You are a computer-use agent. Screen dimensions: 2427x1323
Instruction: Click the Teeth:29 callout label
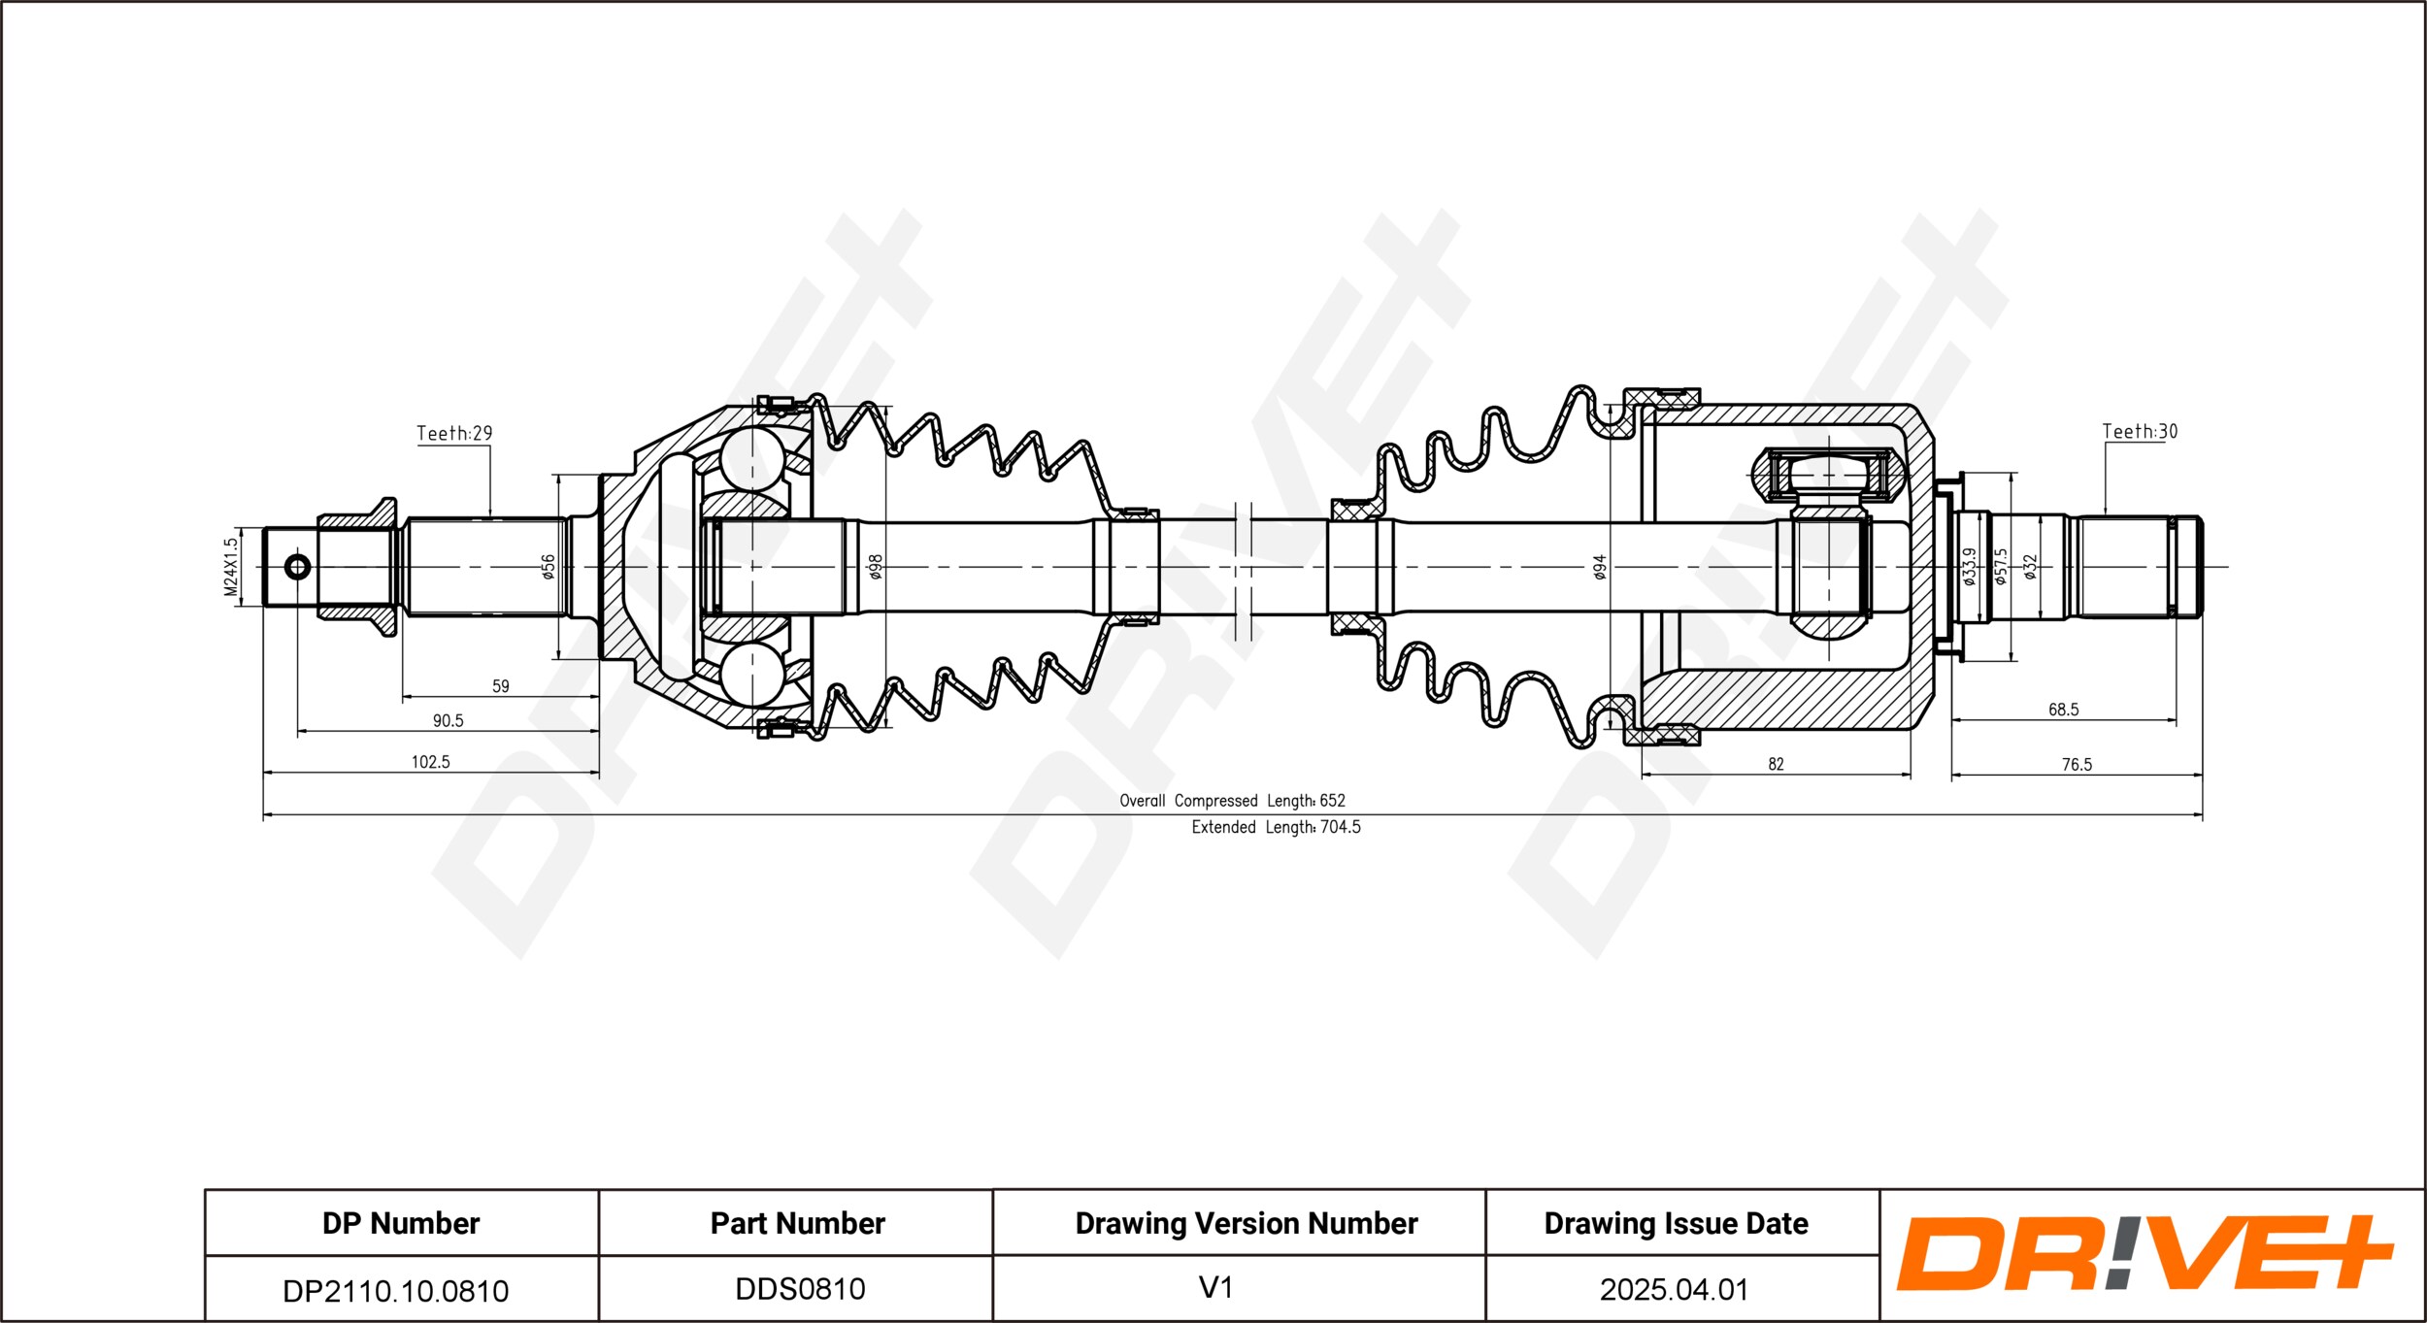tap(454, 433)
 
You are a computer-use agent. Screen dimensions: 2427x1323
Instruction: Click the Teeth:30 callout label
tap(2140, 431)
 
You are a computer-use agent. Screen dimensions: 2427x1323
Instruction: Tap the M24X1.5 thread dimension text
tap(230, 568)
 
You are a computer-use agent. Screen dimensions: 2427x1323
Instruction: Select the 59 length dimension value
tap(501, 686)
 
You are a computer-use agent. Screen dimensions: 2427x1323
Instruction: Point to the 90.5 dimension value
tap(448, 720)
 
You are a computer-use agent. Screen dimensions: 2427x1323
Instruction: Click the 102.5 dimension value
tap(431, 762)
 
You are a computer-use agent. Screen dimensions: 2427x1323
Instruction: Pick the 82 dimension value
tap(1776, 764)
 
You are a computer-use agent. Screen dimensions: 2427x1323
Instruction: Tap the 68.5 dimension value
tap(2063, 710)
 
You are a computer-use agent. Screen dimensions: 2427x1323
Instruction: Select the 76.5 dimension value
tap(2077, 765)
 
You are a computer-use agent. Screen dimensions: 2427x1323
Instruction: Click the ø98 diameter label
tap(875, 567)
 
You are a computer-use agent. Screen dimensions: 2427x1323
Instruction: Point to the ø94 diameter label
tap(1600, 568)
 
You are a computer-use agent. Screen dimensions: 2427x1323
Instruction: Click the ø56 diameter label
tap(548, 567)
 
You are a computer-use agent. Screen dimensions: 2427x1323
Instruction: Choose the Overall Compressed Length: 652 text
tap(1232, 801)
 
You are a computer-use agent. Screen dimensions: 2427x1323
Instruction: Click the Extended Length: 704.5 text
tap(1276, 827)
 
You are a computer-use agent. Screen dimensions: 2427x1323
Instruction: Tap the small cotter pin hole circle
tap(298, 567)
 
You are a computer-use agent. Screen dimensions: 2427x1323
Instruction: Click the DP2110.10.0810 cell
tap(395, 1290)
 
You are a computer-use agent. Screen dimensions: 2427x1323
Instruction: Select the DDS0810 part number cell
tap(800, 1289)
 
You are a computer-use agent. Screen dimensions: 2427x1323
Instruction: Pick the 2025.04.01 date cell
tap(1674, 1289)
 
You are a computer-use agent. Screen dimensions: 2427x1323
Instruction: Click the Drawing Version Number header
tap(1247, 1223)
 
